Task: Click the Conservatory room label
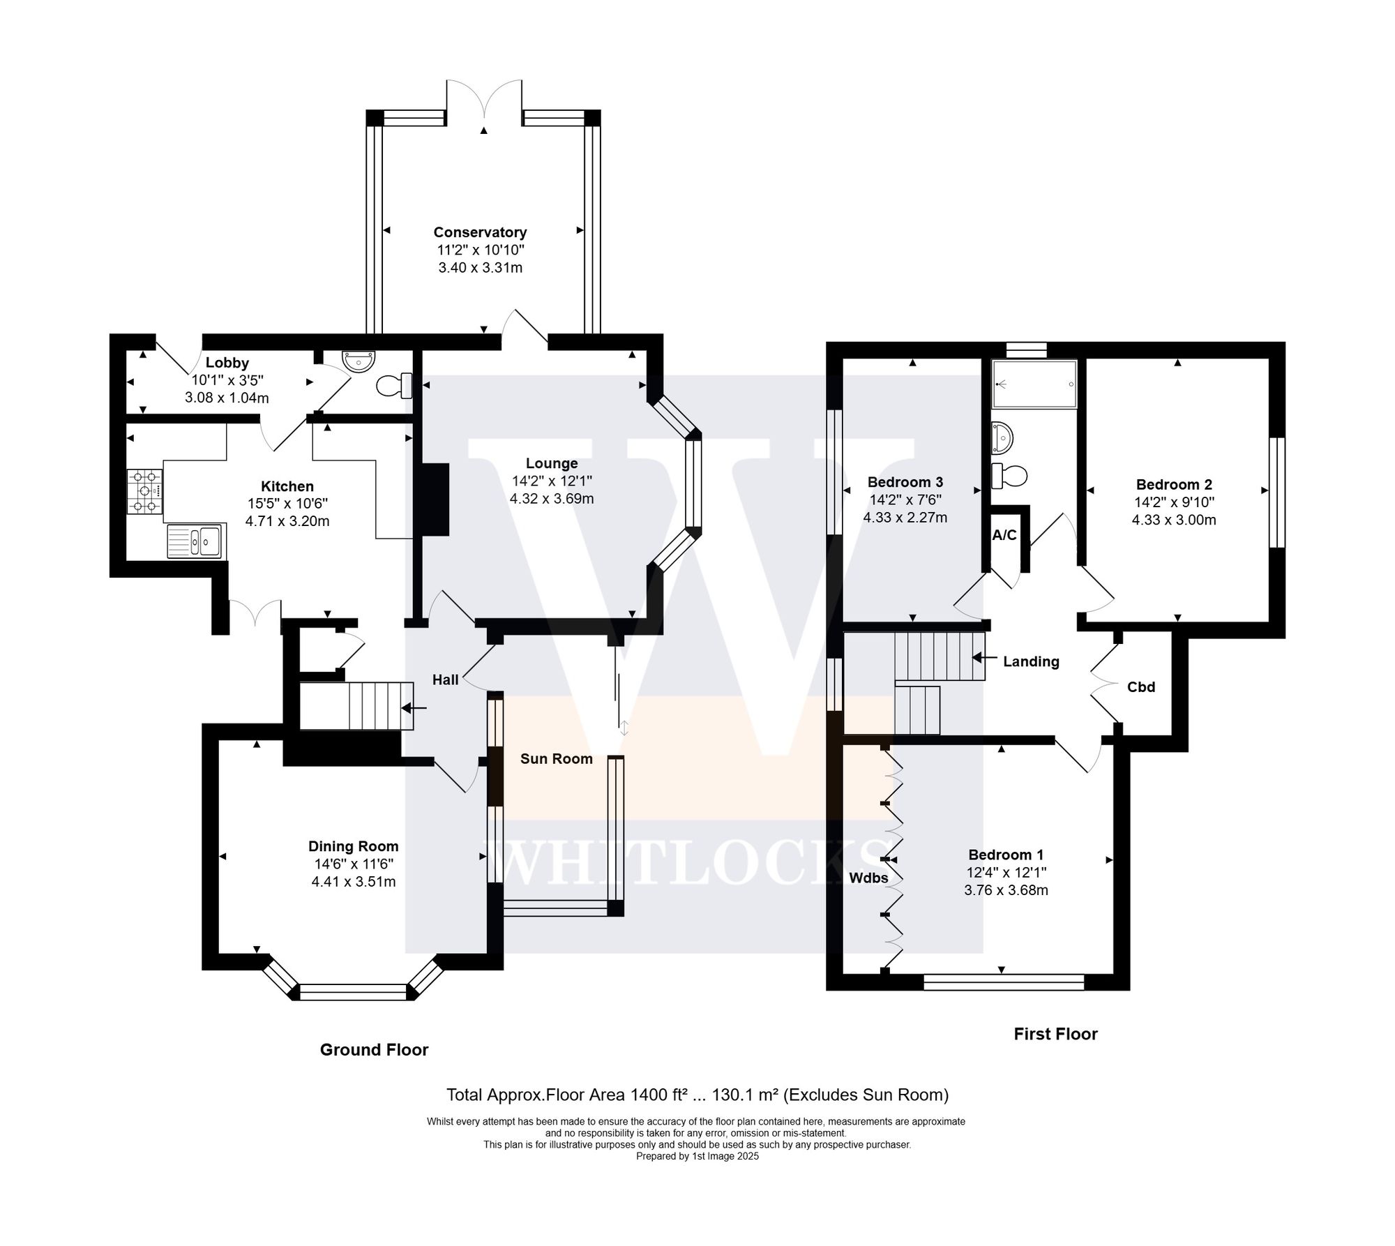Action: click(480, 232)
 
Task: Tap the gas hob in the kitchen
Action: click(144, 492)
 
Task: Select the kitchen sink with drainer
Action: click(195, 541)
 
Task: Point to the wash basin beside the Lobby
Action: click(359, 361)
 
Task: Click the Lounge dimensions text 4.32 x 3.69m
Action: click(552, 499)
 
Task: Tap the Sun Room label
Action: click(556, 759)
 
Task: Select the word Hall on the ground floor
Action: click(445, 680)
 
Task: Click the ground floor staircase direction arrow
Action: click(414, 708)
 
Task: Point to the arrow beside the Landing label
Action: click(985, 657)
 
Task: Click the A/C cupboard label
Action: click(1004, 535)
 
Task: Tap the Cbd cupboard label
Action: click(1141, 687)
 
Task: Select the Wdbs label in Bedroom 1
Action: click(868, 878)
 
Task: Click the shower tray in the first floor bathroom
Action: click(1034, 384)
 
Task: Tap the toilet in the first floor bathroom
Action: click(1009, 476)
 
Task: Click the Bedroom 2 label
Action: click(1174, 484)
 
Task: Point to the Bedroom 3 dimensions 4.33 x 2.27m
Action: click(905, 518)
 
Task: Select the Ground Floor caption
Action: click(374, 1050)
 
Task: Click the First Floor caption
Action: click(1055, 1034)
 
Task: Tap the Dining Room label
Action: click(354, 846)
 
